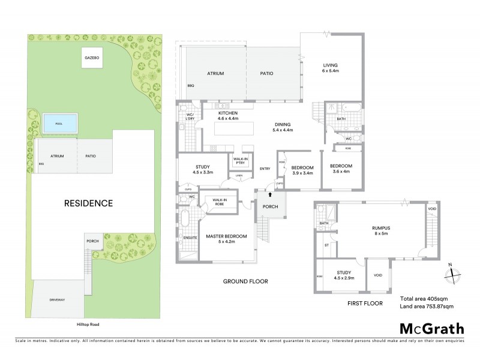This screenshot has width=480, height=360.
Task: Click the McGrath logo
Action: tap(431, 328)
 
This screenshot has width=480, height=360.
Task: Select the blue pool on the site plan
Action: tap(59, 124)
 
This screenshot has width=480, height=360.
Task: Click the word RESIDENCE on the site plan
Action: tap(88, 203)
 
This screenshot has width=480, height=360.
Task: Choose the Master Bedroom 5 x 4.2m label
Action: tap(227, 239)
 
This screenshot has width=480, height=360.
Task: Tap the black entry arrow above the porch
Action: tap(269, 194)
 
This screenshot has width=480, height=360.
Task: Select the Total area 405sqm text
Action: tap(424, 298)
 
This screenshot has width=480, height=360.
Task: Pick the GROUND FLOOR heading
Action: tap(245, 281)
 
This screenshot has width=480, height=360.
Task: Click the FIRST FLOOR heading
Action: tap(365, 304)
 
